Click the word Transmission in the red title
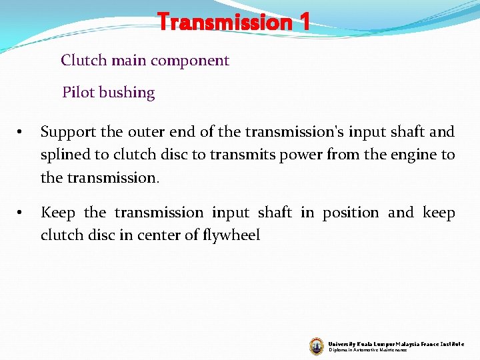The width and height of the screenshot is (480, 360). pos(224,22)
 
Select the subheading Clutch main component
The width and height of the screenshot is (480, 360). pos(145,61)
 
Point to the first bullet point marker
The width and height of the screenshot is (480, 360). pos(21,133)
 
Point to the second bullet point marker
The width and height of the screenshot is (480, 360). pos(21,213)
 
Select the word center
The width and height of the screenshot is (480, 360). pos(183,235)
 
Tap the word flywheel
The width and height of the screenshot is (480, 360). pos(231,235)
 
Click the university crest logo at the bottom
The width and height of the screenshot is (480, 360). pos(317,345)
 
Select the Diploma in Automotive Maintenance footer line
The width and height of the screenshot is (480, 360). pos(367,350)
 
